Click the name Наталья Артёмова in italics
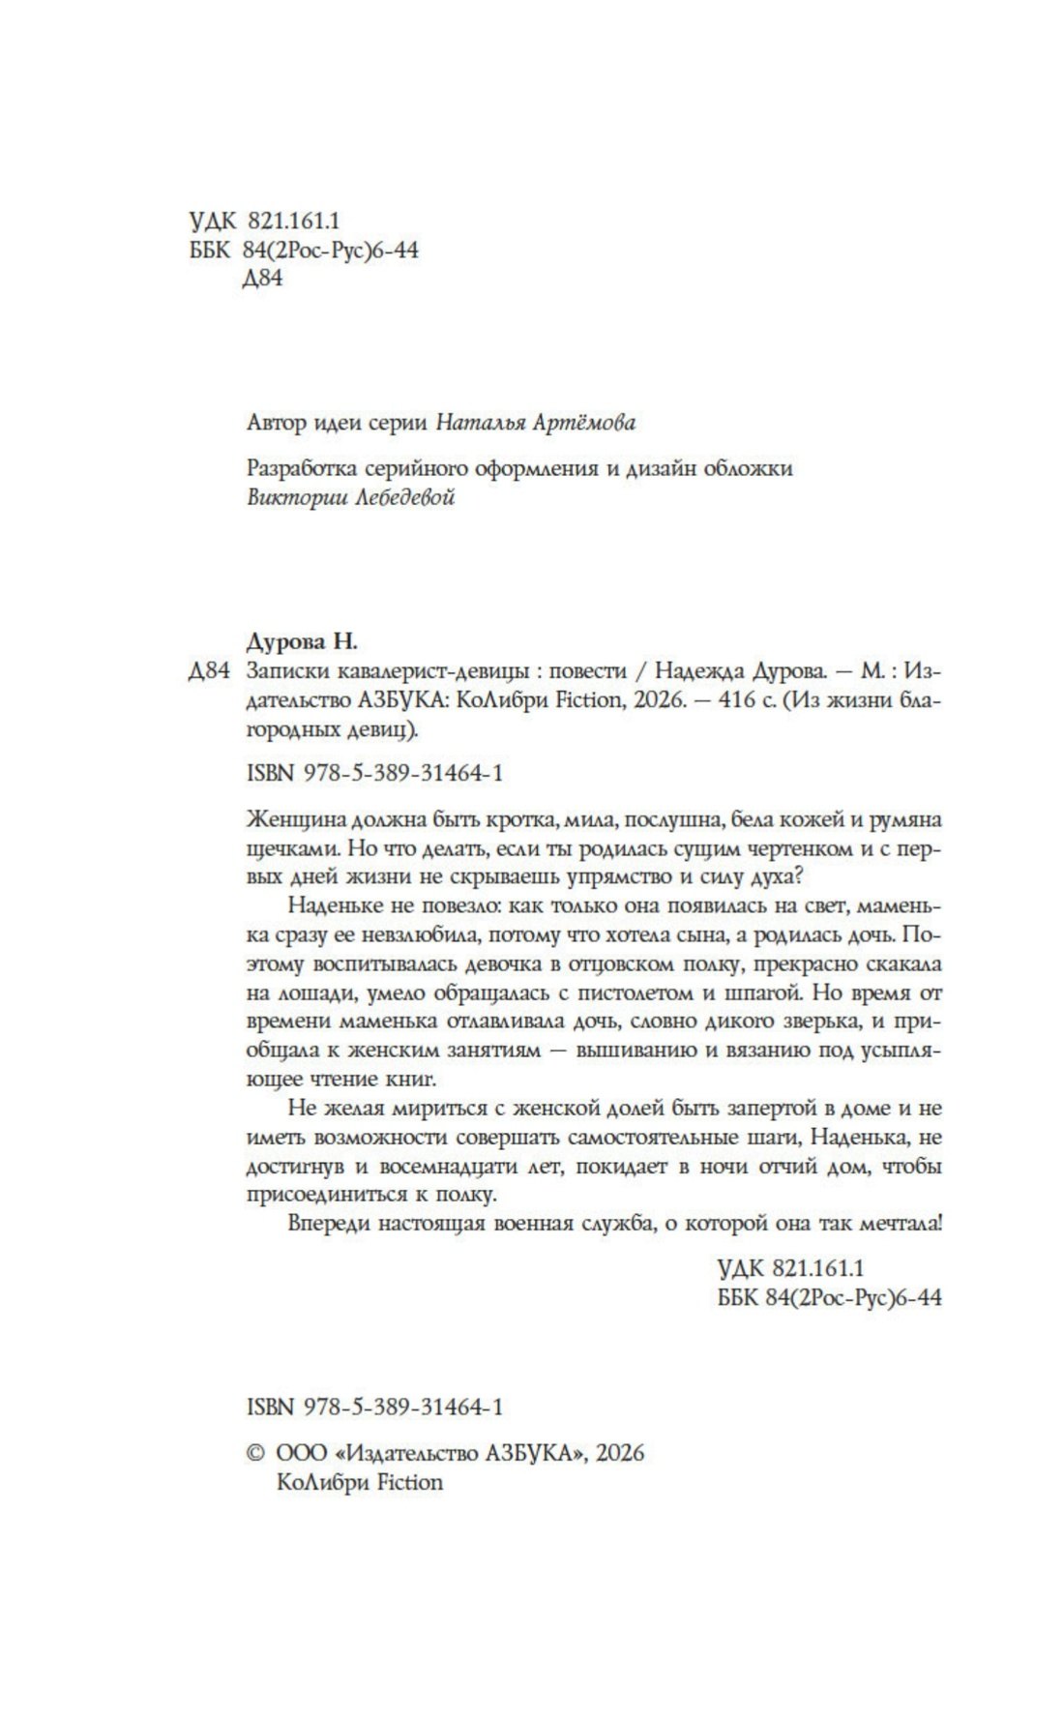click(x=537, y=423)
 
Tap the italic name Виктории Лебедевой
click(x=351, y=497)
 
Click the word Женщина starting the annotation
click(x=295, y=819)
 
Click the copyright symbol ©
click(x=256, y=1453)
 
